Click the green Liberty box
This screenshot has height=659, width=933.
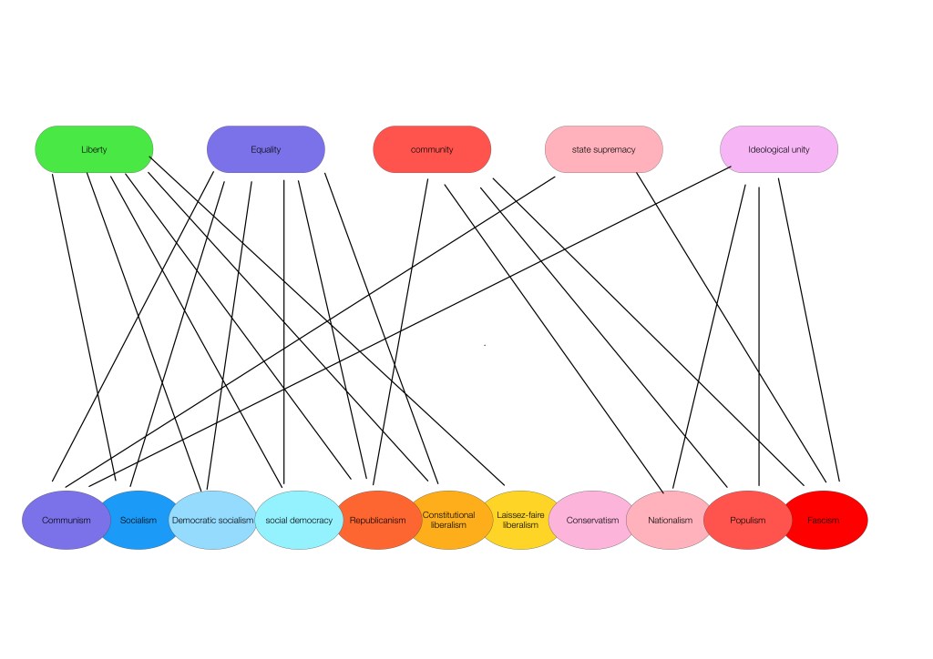coord(94,149)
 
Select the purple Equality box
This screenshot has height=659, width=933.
coord(265,149)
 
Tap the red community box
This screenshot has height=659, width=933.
coord(432,149)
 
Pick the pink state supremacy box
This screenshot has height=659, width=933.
coord(603,149)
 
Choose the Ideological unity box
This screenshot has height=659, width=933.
coord(778,149)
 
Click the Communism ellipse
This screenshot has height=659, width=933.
coord(66,521)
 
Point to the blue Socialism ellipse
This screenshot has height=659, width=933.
coord(138,521)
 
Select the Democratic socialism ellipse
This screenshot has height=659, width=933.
coord(212,521)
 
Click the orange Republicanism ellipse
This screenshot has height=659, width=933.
coord(378,521)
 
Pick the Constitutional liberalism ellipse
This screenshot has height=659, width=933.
coord(449,521)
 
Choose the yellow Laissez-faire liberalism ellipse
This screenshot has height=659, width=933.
coord(520,521)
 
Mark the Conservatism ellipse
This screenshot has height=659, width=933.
coord(592,521)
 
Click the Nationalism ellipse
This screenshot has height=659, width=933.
coord(670,521)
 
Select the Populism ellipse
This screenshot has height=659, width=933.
coord(747,521)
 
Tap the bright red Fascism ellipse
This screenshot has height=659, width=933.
coord(825,521)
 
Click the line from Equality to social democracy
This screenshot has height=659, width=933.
coord(283,328)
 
